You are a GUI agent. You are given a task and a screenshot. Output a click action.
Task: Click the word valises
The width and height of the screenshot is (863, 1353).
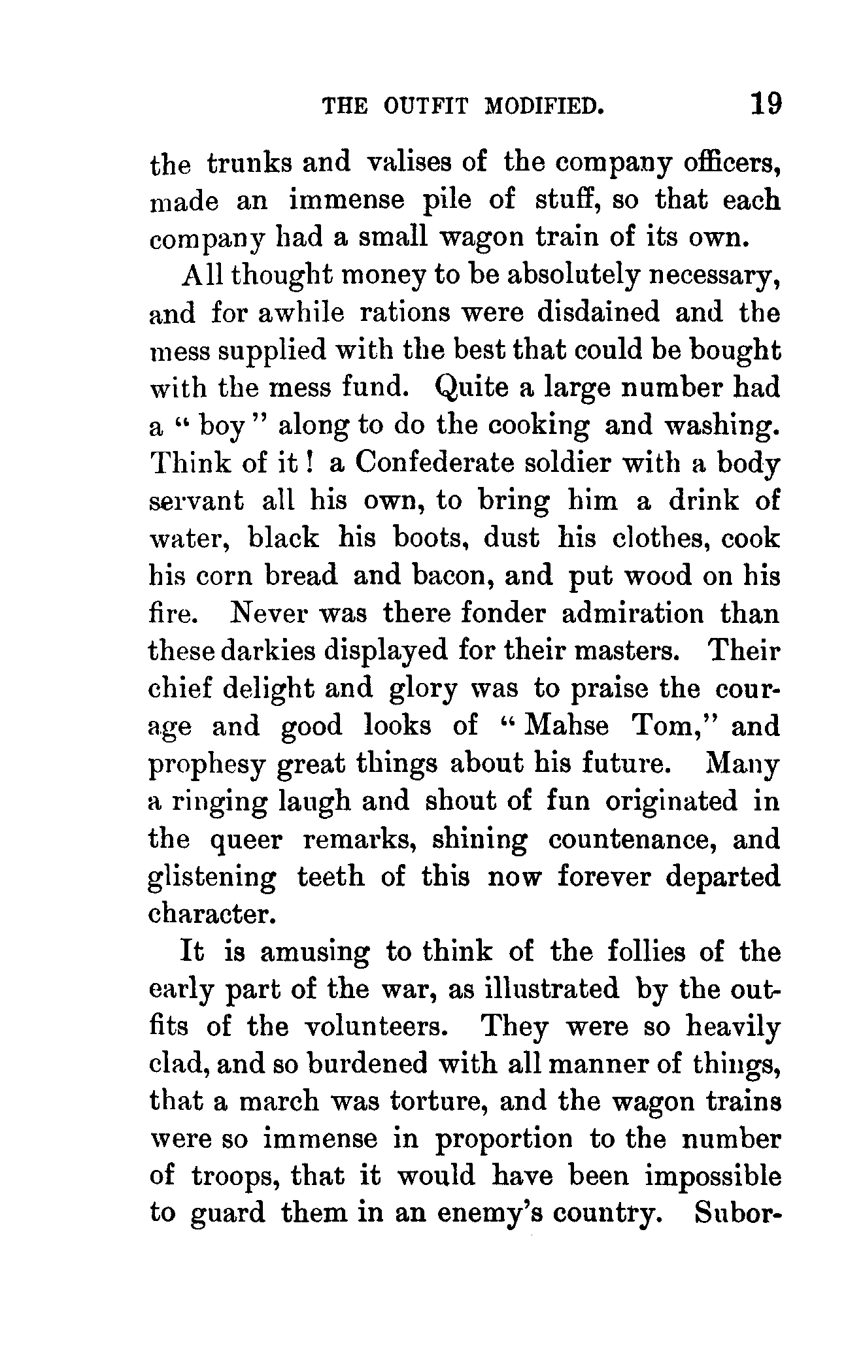(x=413, y=162)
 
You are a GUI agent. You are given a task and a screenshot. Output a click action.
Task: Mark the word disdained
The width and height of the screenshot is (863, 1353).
(x=598, y=313)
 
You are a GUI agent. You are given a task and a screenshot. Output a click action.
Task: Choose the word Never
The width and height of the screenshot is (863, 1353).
(x=266, y=614)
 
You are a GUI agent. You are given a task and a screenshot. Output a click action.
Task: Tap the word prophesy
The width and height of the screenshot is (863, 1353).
(x=207, y=765)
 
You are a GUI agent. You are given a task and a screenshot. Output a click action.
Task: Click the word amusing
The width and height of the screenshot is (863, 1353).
(x=314, y=952)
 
